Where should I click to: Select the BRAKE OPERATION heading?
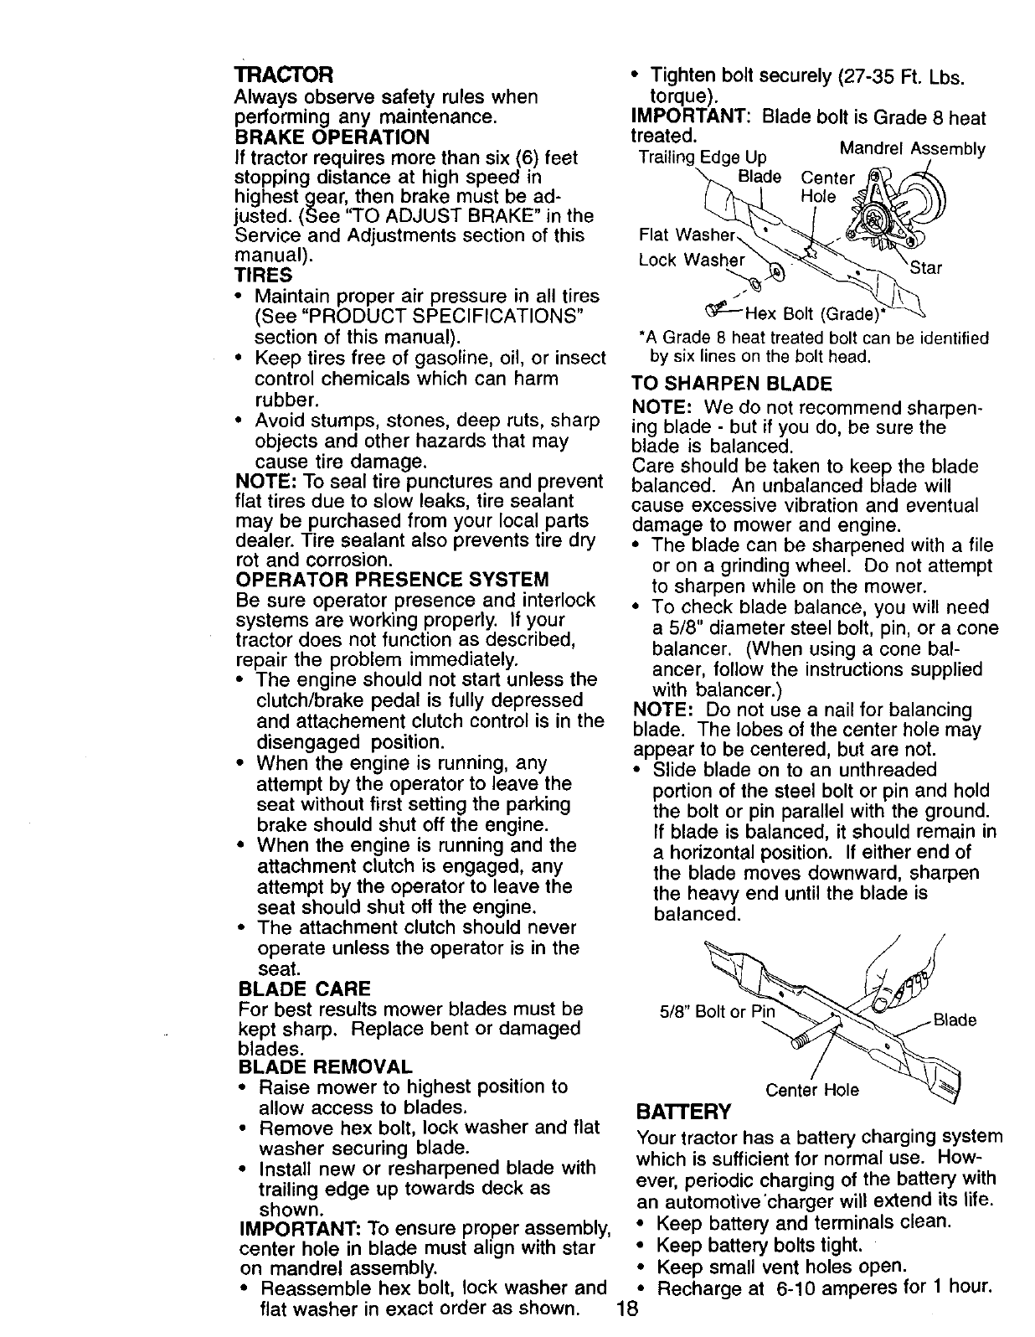[x=333, y=136]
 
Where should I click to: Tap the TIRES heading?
[x=264, y=275]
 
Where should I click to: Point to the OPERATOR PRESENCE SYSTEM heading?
[x=393, y=580]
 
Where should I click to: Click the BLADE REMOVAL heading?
[x=325, y=1066]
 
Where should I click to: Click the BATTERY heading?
[x=683, y=1112]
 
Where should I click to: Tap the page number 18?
[x=627, y=1309]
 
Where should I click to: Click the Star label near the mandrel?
[x=925, y=268]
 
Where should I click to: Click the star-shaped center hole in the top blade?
[x=810, y=252]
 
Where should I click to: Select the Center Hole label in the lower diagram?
[x=812, y=1090]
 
